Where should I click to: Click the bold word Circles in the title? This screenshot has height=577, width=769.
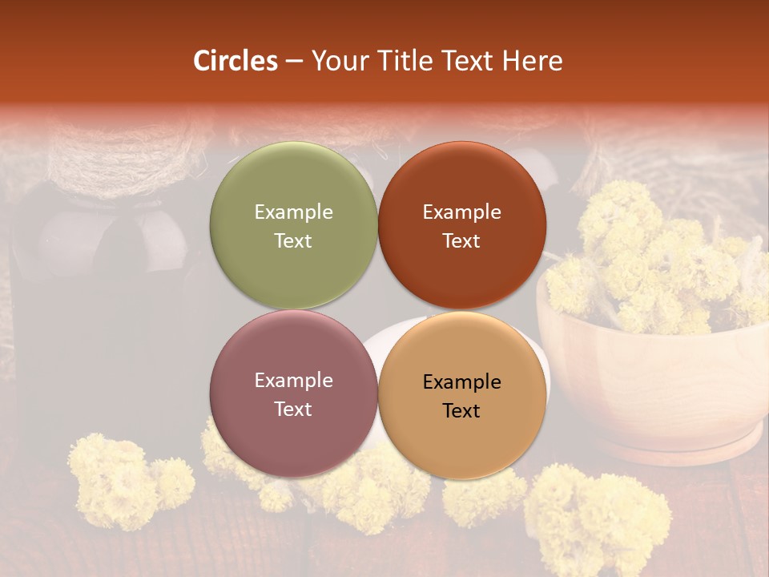pos(236,61)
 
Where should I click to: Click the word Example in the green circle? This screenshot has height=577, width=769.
pos(293,212)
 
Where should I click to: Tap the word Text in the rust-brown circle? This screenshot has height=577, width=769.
pos(461,241)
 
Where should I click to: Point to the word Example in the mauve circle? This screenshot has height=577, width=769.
pos(293,381)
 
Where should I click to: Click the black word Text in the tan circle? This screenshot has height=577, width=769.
pos(461,411)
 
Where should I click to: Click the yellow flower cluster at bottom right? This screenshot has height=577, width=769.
pos(601,513)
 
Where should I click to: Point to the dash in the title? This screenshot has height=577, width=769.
pos(293,62)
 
